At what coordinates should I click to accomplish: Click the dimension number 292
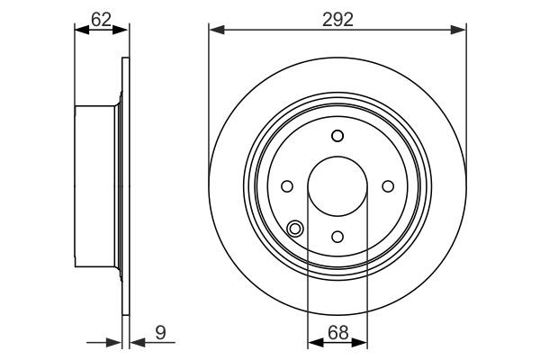point(337,20)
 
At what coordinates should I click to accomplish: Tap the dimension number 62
point(101,20)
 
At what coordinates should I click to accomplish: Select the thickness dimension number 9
point(160,332)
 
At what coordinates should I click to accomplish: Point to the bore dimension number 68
point(337,332)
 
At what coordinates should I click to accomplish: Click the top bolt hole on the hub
point(337,136)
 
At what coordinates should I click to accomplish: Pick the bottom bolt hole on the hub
point(337,237)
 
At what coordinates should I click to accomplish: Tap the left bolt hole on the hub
point(287,186)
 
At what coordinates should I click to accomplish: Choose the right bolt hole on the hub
point(388,186)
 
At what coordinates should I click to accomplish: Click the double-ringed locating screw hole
point(295,228)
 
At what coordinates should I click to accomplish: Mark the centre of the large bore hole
point(337,186)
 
